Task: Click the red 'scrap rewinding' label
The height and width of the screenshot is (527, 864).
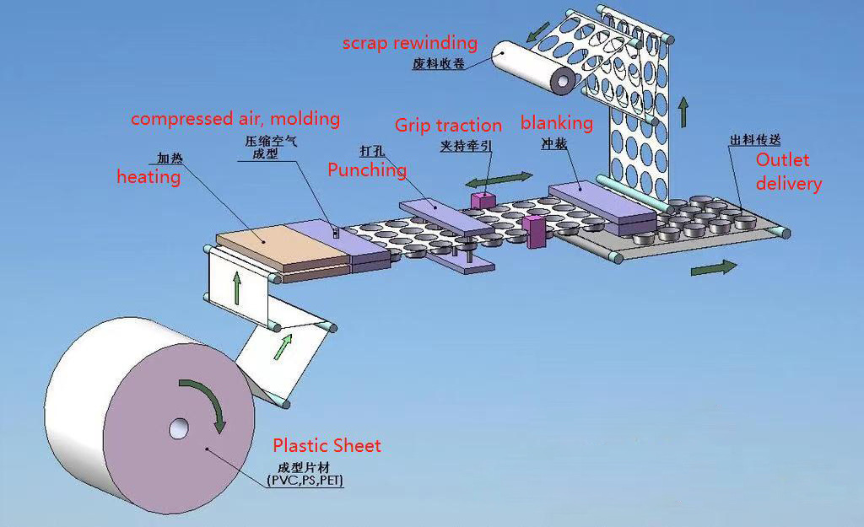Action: point(409,43)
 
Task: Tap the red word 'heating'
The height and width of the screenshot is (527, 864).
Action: point(148,177)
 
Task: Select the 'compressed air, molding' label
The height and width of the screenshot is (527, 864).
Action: point(235,119)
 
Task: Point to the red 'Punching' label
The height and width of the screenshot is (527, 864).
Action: point(367,170)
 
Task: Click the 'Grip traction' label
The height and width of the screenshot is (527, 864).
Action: point(448,126)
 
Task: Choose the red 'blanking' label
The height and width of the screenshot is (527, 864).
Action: point(556,123)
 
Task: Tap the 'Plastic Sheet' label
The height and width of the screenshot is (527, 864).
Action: point(327,445)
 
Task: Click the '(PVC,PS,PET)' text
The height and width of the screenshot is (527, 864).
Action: point(305,481)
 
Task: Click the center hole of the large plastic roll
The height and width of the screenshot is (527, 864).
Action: point(179,429)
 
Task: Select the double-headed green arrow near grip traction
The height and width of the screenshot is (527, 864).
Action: point(499,180)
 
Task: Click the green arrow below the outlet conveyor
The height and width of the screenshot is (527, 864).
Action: point(713,267)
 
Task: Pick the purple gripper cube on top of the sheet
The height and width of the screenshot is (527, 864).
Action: point(482,200)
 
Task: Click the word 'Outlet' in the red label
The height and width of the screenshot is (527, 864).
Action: point(782,160)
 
